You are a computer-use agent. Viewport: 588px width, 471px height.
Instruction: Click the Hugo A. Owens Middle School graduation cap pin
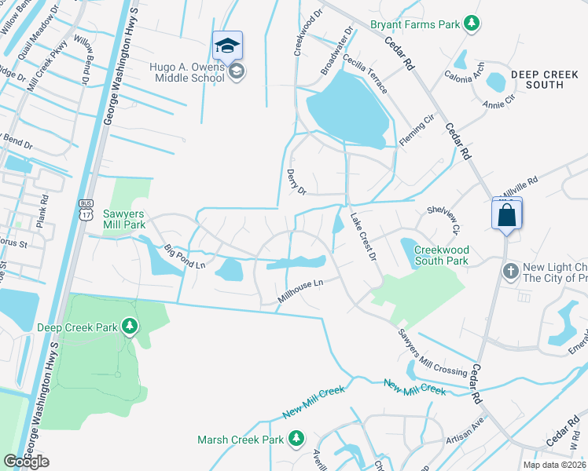point(227,46)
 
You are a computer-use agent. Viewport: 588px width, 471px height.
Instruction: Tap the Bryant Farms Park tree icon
point(471,24)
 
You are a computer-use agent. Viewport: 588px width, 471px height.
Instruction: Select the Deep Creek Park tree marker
point(130,327)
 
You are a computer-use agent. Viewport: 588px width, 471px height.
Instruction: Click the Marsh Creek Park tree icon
point(296,438)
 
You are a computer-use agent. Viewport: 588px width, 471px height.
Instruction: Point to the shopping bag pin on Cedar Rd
point(506,214)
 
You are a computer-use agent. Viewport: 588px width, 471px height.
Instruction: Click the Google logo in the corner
point(26,462)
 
